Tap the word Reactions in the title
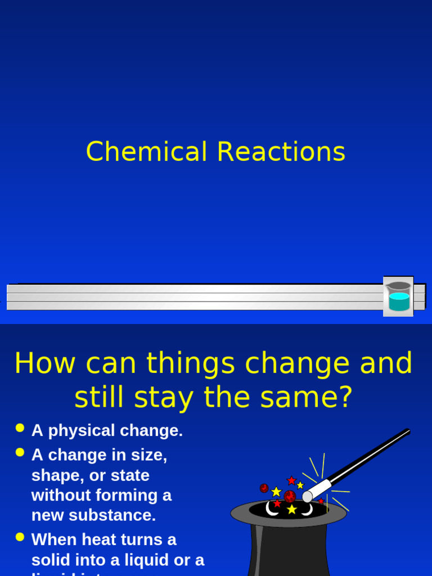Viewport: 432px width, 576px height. coord(281,152)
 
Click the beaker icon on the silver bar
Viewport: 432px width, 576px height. coord(398,296)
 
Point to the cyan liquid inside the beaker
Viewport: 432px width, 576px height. coord(399,302)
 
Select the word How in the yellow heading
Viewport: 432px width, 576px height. coord(44,363)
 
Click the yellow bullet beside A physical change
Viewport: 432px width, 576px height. coord(20,428)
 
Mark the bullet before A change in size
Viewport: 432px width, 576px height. coord(20,452)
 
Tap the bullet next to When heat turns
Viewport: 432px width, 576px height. coord(20,537)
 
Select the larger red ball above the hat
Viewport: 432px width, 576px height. coord(290,496)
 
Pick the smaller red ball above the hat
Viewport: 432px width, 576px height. coord(264,488)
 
